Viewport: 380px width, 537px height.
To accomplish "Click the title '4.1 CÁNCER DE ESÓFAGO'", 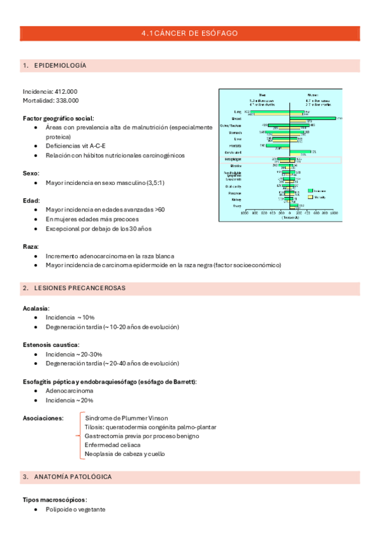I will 190,33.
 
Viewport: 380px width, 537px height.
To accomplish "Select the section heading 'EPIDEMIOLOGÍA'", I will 60,66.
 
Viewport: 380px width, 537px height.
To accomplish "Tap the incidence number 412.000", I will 66,92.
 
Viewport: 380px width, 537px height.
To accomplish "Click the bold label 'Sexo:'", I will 32,173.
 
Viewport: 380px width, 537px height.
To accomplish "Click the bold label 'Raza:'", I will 31,246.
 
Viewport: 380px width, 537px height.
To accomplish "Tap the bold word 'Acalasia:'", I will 36,308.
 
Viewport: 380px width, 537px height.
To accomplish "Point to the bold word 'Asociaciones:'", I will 43,419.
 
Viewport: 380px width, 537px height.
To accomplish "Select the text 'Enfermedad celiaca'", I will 112,445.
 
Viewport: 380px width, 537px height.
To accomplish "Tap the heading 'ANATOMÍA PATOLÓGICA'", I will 73,476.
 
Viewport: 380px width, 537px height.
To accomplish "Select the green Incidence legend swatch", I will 310,190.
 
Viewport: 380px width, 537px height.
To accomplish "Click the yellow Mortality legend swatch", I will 310,197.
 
